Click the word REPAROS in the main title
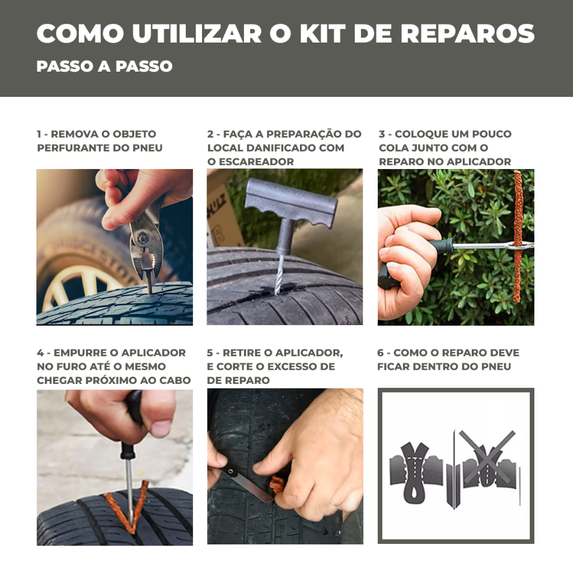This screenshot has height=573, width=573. click(x=467, y=34)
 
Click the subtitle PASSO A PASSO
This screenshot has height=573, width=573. click(x=105, y=66)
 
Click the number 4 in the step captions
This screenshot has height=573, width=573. click(x=40, y=353)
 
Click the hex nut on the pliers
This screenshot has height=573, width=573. click(x=142, y=238)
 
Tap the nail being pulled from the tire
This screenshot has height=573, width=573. click(x=149, y=281)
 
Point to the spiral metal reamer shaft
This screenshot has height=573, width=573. click(x=280, y=274)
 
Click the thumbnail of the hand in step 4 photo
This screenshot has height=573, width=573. click(x=161, y=428)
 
